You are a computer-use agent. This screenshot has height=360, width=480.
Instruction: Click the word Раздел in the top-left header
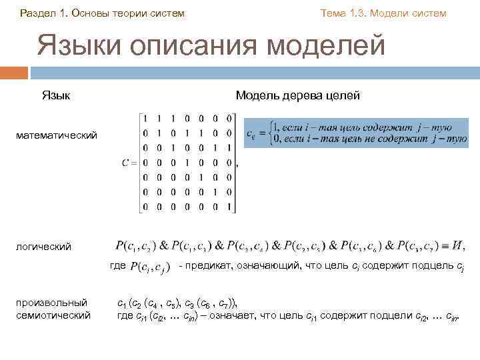(x=38, y=13)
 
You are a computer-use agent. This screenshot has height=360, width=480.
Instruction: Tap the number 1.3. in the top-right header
(x=353, y=13)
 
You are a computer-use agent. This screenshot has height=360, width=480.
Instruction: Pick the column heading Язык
(x=57, y=96)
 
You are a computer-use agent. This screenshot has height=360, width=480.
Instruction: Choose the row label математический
(x=57, y=135)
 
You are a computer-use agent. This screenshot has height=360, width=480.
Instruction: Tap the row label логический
(x=44, y=247)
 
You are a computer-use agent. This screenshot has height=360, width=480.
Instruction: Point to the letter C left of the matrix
(x=125, y=163)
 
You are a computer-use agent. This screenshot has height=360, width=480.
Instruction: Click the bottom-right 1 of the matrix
(x=230, y=207)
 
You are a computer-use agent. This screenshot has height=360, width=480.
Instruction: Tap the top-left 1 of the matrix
(x=147, y=119)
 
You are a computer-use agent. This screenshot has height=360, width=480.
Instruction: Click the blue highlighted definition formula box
(x=356, y=133)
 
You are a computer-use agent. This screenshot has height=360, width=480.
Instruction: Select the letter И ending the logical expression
(x=458, y=246)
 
